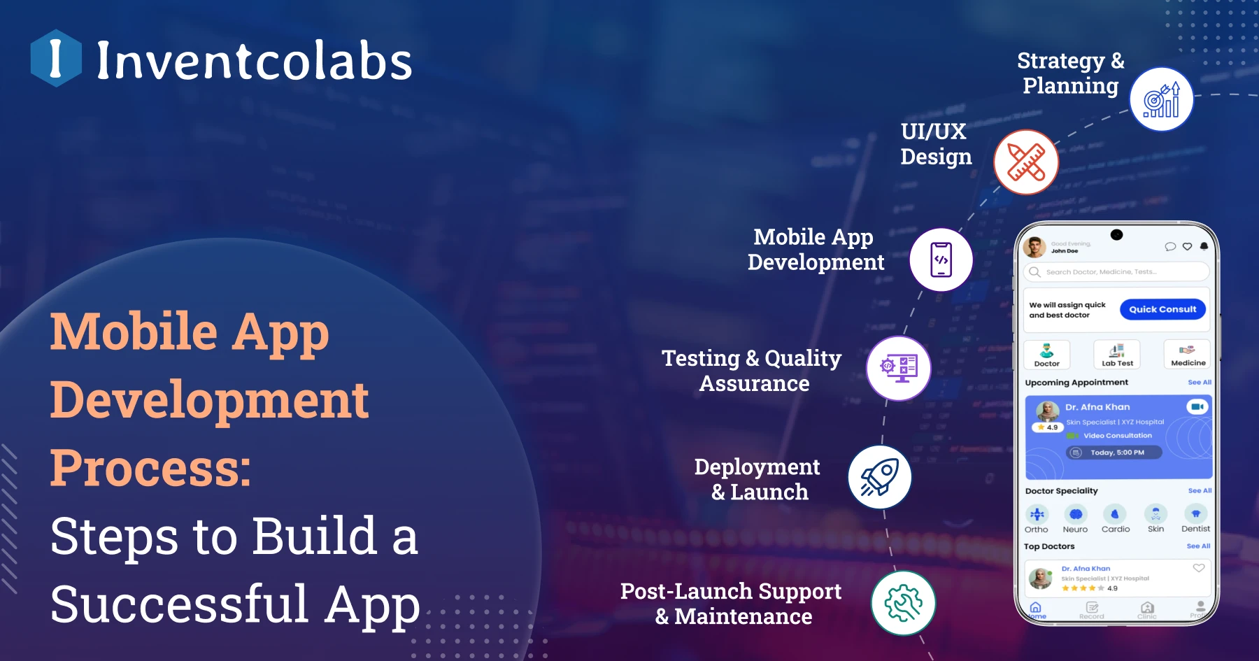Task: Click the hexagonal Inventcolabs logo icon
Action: point(56,58)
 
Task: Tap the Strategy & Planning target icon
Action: point(1161,100)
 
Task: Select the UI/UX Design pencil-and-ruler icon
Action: point(1026,162)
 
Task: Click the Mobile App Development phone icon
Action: point(941,260)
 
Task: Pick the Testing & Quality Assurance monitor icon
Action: point(899,368)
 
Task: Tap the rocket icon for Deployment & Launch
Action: point(879,477)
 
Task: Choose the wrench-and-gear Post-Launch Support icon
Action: point(903,603)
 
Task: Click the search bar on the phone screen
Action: point(1116,272)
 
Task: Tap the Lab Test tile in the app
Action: point(1117,355)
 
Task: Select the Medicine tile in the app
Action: point(1188,355)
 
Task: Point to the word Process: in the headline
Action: point(150,467)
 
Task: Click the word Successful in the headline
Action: point(179,604)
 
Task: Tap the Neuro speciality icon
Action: point(1076,515)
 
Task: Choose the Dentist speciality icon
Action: point(1195,515)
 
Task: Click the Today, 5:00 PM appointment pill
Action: point(1114,453)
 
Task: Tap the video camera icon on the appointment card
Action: point(1197,406)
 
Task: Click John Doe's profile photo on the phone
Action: point(1034,247)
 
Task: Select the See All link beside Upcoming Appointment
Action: point(1200,383)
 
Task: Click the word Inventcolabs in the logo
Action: point(255,61)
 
